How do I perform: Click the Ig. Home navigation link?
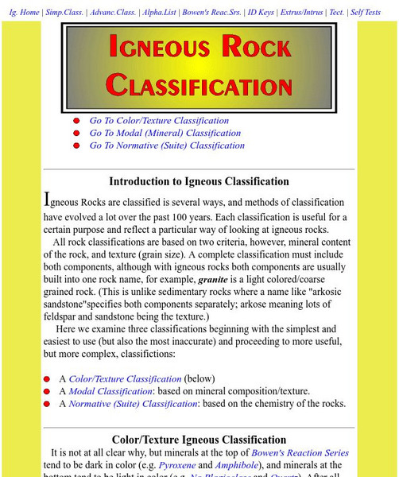[x=24, y=13]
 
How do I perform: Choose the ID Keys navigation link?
[x=261, y=13]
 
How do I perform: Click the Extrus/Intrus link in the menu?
[x=302, y=13]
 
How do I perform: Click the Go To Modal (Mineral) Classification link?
[x=165, y=134]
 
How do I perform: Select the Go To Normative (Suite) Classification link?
[x=167, y=145]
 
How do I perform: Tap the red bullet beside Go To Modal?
[x=76, y=134]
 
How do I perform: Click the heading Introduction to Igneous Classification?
[x=199, y=182]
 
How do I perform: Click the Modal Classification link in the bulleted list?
[x=110, y=391]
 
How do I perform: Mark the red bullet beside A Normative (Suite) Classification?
[x=47, y=404]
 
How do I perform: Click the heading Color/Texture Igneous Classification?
[x=199, y=439]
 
